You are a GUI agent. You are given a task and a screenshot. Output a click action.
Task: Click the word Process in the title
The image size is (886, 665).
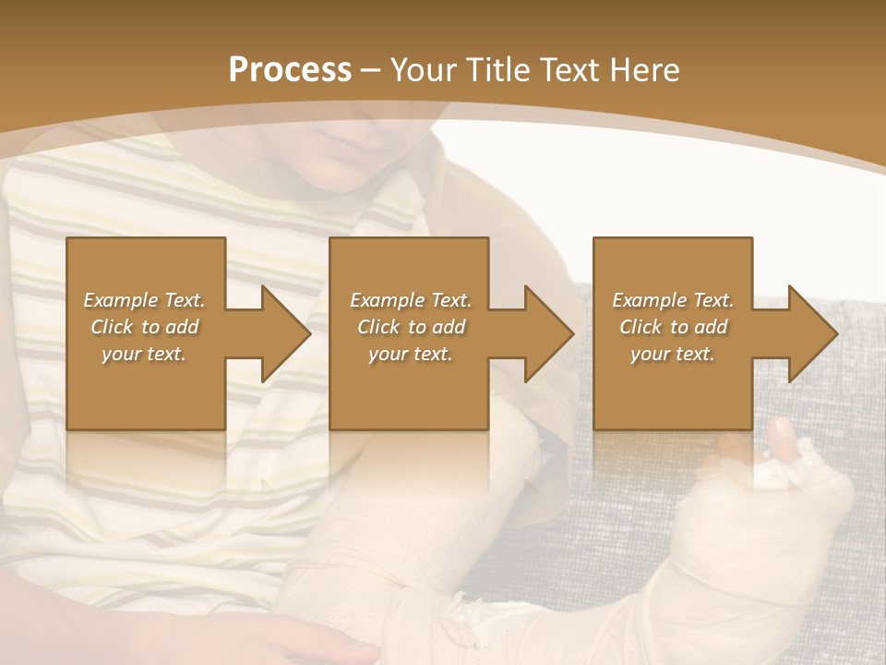290,70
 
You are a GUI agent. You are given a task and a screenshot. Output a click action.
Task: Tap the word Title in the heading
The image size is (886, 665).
497,70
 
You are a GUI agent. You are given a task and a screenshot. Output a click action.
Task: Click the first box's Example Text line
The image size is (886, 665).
144,300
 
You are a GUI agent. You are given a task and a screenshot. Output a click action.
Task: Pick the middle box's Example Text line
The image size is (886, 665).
411,300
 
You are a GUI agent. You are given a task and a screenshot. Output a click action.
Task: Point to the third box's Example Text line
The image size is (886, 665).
673,300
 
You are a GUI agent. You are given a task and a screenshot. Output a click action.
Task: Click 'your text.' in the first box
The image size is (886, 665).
144,354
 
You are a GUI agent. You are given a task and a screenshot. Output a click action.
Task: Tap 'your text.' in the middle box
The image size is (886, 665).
411,354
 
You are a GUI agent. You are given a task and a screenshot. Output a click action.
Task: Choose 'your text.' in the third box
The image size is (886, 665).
673,354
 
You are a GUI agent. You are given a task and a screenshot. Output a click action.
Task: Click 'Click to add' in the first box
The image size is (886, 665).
144,327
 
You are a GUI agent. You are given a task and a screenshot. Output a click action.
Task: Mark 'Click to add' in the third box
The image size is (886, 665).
673,327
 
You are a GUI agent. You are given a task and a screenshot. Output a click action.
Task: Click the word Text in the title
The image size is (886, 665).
567,70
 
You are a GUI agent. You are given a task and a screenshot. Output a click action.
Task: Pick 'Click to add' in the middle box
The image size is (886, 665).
411,327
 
